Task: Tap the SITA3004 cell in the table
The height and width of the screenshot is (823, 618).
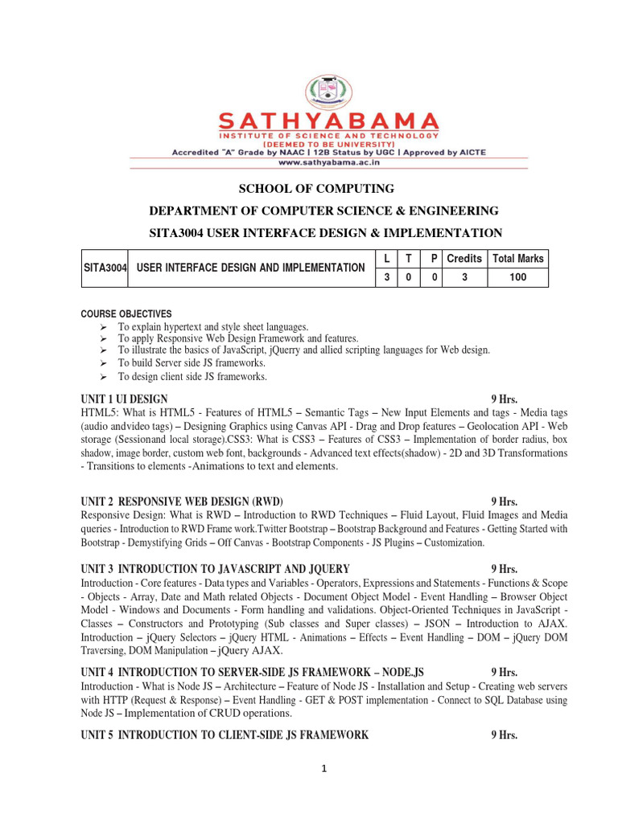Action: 105,268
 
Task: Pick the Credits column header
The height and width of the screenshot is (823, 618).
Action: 463,259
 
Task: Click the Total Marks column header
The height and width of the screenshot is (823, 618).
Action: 518,259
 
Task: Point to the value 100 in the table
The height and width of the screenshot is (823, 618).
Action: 518,277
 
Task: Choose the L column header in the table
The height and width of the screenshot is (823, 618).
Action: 387,259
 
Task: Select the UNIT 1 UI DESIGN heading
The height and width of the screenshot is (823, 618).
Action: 125,399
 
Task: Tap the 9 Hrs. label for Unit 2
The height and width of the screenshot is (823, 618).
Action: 504,501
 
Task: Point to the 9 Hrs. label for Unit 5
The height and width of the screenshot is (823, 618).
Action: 504,735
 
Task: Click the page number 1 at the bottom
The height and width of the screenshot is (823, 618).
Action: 323,769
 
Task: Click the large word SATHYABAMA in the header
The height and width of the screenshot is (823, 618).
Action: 329,121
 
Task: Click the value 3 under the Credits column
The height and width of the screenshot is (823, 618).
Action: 463,277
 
